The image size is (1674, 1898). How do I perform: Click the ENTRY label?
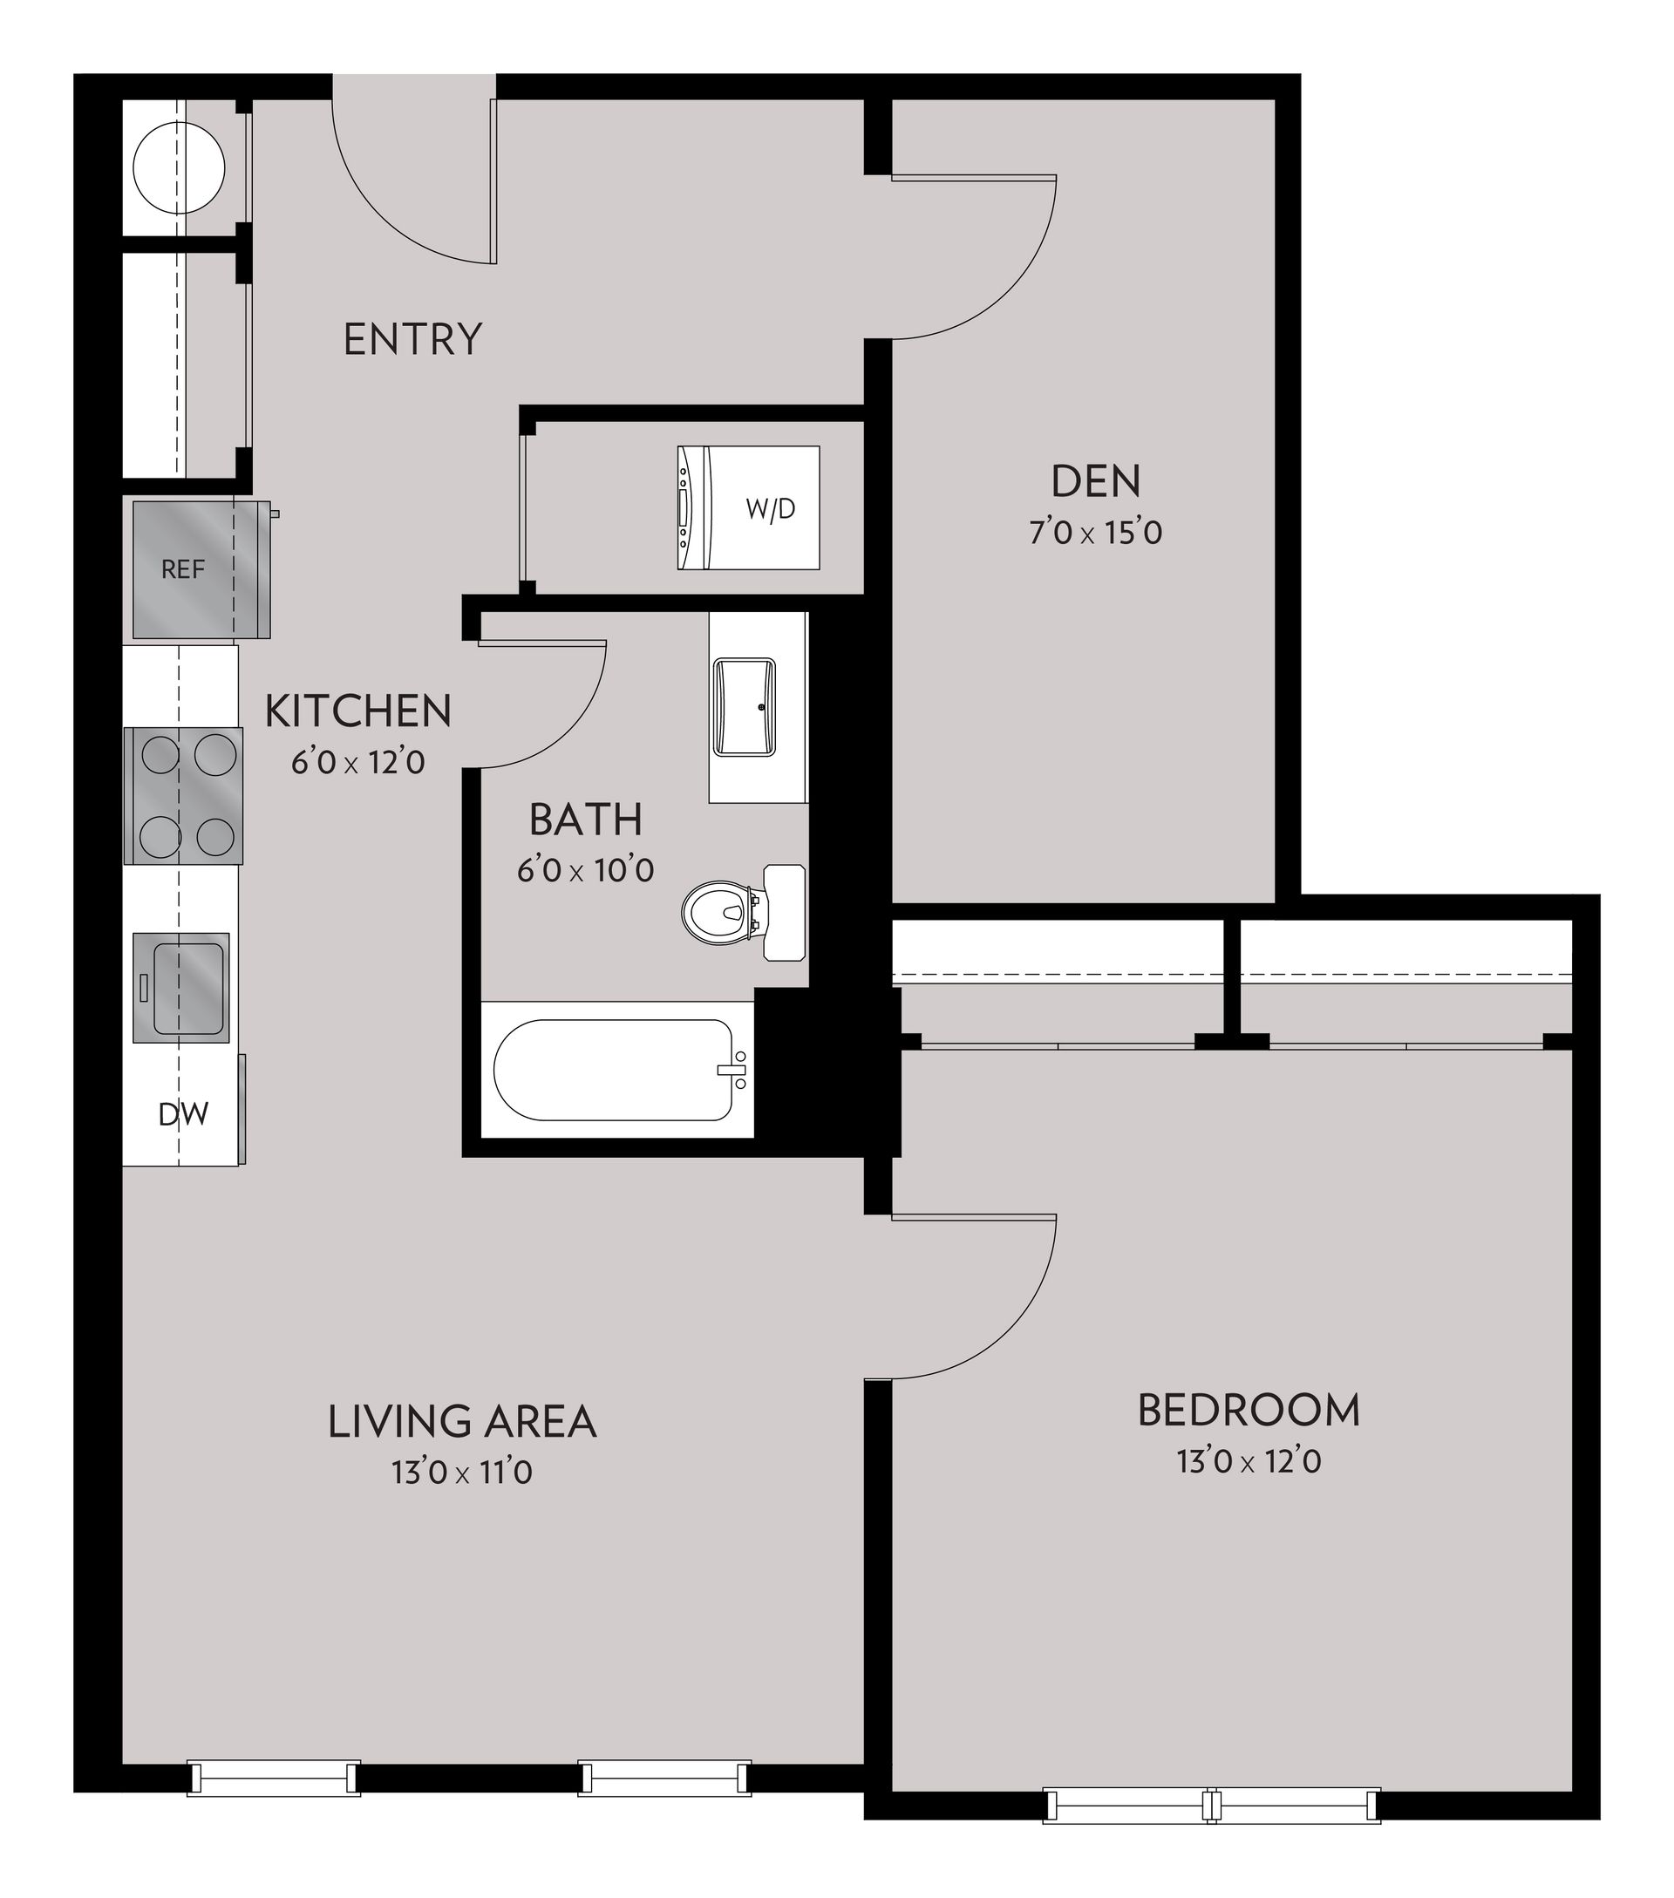(412, 339)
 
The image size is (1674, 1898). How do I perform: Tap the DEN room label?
(1096, 481)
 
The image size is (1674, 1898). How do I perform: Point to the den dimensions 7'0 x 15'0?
(1096, 533)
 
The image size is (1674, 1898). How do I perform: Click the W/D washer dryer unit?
(748, 508)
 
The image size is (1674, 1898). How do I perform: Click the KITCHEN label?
(358, 711)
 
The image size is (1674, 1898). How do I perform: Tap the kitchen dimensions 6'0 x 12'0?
(358, 762)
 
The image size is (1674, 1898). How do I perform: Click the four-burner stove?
(184, 796)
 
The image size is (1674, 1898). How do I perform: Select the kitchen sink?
(181, 987)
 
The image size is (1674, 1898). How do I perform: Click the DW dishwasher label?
(183, 1113)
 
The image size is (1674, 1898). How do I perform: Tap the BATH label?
(586, 819)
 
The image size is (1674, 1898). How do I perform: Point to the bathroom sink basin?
(744, 708)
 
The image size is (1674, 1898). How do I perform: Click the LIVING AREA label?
(461, 1422)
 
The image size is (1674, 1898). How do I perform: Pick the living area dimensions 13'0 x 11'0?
(461, 1473)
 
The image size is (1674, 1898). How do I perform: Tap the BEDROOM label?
(1249, 1411)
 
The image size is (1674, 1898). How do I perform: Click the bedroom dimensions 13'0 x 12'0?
(1249, 1461)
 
